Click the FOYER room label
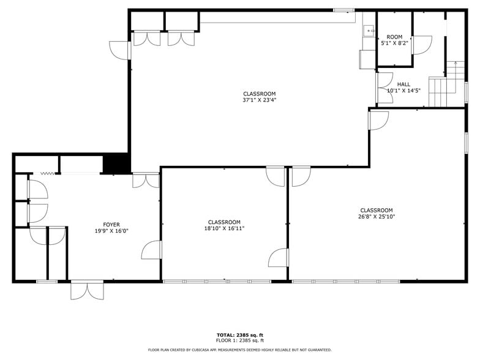[x=111, y=225]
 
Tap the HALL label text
[x=403, y=84]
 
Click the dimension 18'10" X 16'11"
[x=224, y=228]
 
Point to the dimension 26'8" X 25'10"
[x=376, y=216]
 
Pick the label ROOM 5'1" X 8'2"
[x=394, y=40]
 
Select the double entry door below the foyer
[x=87, y=289]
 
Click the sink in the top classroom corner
[x=369, y=31]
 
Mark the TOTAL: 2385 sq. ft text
[x=239, y=335]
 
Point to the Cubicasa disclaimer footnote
[x=239, y=350]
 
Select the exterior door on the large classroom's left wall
[x=120, y=50]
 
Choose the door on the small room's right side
[x=421, y=45]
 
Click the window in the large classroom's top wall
[x=343, y=10]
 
